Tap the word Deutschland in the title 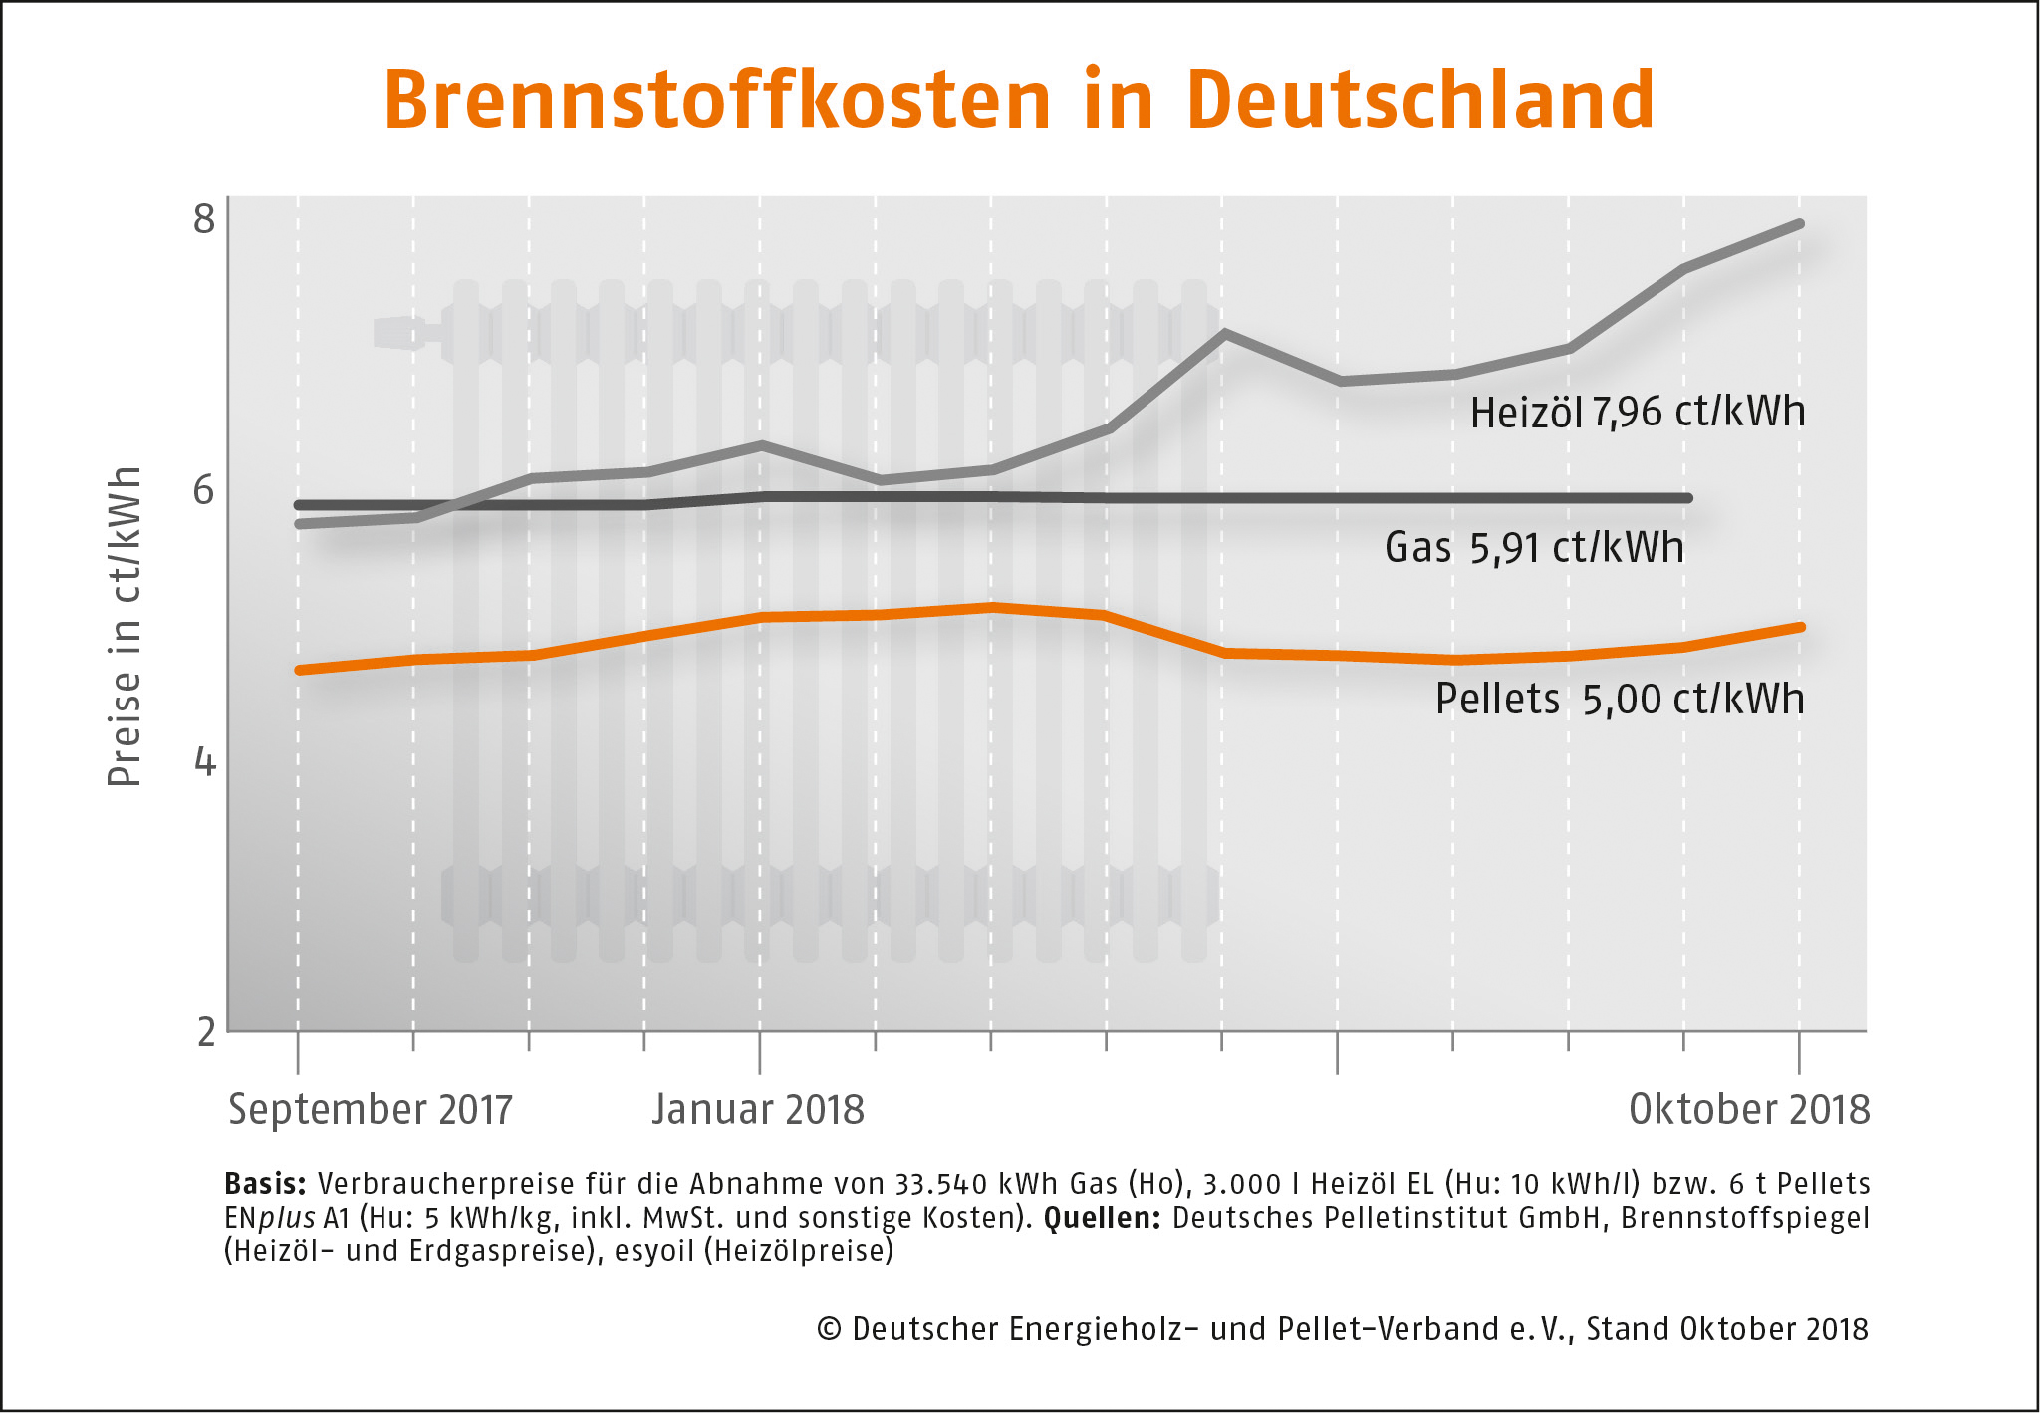coord(1420,100)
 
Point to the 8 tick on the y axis coord(204,218)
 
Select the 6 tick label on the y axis coord(204,490)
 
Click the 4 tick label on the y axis coord(204,762)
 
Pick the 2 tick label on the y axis coord(205,1032)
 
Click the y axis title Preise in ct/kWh coord(125,626)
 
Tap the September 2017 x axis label coord(370,1110)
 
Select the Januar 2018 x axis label coord(758,1110)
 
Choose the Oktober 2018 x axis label coord(1749,1110)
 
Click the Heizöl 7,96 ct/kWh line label coord(1638,413)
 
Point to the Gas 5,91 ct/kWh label coord(1534,548)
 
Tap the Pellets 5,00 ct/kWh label coord(1620,700)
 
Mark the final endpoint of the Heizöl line coord(1799,224)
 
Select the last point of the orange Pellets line coord(1799,627)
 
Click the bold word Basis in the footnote coord(265,1184)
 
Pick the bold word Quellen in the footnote coord(1102,1218)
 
